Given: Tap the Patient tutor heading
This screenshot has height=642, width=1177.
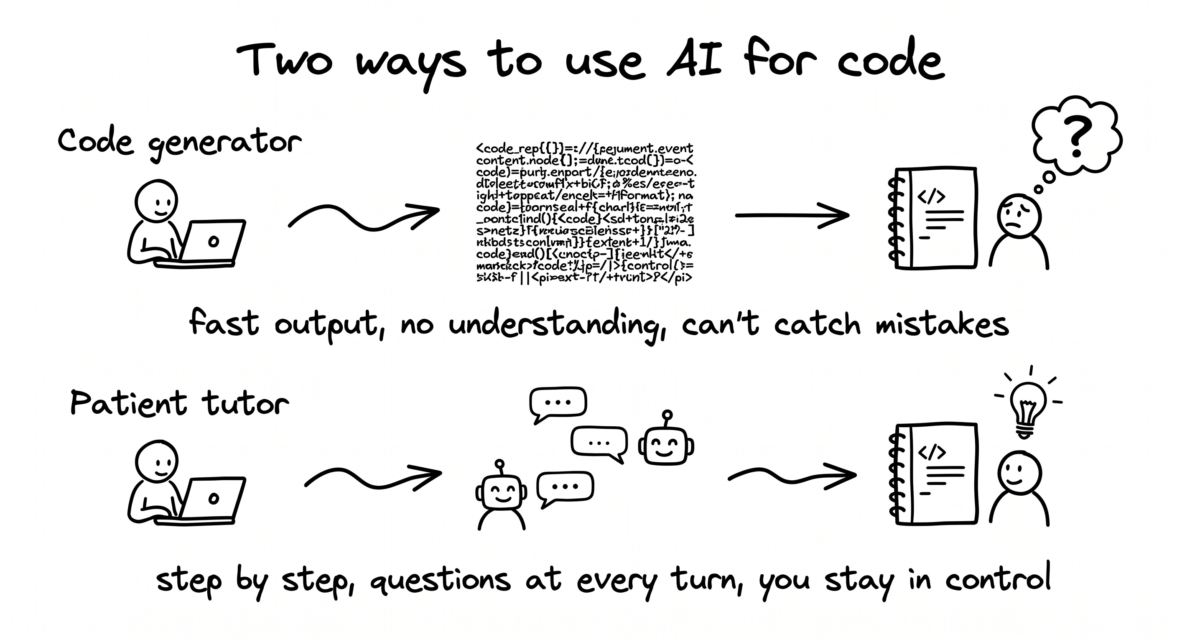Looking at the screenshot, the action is click(x=179, y=403).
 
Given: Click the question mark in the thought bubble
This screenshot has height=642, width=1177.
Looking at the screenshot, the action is click(x=1078, y=136).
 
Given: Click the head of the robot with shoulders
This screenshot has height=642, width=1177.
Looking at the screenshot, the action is click(x=501, y=492).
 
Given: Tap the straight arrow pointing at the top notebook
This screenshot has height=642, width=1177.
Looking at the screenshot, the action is click(x=791, y=216).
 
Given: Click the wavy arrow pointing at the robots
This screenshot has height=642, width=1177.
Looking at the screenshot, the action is click(x=372, y=477).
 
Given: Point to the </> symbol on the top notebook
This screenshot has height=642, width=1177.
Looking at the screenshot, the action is click(x=931, y=197).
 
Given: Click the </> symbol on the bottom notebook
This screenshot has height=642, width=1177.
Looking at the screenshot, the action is click(x=931, y=452).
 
